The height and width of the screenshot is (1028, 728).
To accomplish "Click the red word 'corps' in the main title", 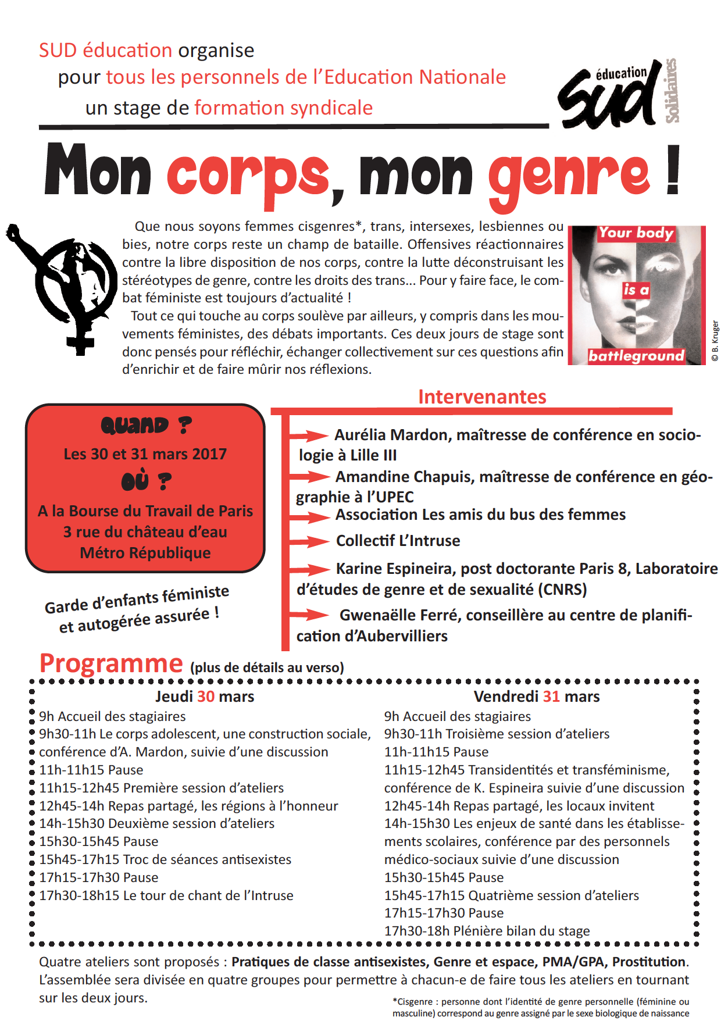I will tap(248, 174).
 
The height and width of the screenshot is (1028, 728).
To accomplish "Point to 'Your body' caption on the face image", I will tap(636, 233).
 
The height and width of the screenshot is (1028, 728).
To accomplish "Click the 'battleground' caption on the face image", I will tap(636, 356).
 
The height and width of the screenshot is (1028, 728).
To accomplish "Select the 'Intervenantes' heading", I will tap(482, 397).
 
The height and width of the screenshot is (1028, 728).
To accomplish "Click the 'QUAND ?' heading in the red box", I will tap(145, 426).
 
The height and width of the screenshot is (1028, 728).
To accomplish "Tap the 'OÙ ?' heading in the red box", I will tap(145, 481).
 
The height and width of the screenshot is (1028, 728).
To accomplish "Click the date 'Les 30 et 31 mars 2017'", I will tap(145, 454).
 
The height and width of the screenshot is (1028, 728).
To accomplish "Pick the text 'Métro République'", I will tap(145, 553).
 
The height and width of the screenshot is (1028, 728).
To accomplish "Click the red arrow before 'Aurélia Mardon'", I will tap(309, 436).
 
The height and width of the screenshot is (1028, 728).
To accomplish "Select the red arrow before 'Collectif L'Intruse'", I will tap(309, 541).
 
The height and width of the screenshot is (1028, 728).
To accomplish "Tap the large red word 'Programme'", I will tap(111, 663).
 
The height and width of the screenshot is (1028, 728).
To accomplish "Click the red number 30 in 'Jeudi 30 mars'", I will tap(206, 697).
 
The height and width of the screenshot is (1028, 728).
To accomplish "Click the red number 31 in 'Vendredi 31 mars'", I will tap(551, 697).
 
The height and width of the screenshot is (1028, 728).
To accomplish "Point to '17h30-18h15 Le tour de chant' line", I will tap(166, 895).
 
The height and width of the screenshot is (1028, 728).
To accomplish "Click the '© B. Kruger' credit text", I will tap(715, 341).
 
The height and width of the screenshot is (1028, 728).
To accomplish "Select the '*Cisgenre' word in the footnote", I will tap(413, 1002).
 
